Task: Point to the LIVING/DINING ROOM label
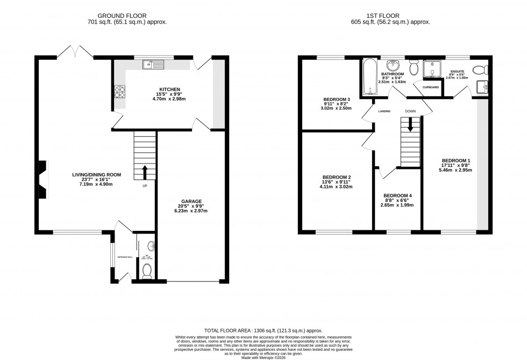[97, 175]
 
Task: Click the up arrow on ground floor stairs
[145, 172]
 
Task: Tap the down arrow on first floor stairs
[410, 125]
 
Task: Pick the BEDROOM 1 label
[456, 160]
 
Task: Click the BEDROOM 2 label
[337, 178]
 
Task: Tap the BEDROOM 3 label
[337, 100]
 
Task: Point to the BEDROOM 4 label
[397, 195]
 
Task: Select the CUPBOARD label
[430, 87]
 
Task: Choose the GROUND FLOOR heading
[127, 15]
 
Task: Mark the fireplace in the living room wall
[42, 179]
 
